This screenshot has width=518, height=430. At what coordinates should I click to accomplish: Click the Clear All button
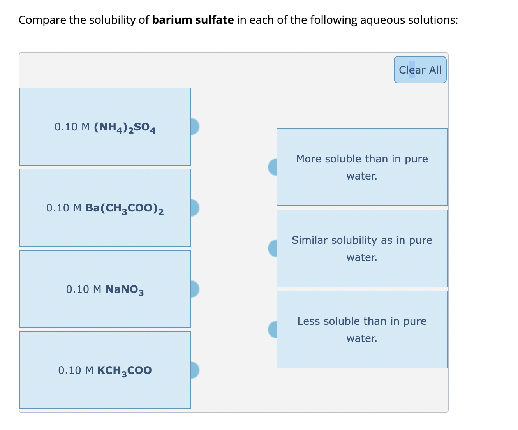click(x=420, y=70)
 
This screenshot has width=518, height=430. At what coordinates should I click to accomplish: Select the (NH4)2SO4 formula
click(x=125, y=127)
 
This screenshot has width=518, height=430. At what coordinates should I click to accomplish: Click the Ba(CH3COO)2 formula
click(x=125, y=208)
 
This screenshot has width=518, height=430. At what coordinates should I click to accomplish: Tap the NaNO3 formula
click(x=125, y=290)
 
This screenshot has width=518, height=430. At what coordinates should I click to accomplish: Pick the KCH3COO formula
click(x=124, y=370)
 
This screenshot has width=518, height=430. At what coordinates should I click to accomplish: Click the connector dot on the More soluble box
click(x=273, y=167)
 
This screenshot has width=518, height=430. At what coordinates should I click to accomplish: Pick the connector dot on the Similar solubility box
click(x=273, y=248)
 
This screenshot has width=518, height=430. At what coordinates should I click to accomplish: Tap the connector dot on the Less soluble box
click(x=273, y=330)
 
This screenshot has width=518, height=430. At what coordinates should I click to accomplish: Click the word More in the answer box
click(x=308, y=159)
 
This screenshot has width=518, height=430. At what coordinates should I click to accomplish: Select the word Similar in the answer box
click(x=310, y=240)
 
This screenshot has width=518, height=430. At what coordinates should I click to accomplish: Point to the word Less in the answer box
click(x=309, y=321)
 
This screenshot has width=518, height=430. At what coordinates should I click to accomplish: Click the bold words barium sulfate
click(x=193, y=20)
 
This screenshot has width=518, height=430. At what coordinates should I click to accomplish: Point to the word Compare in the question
click(x=42, y=20)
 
